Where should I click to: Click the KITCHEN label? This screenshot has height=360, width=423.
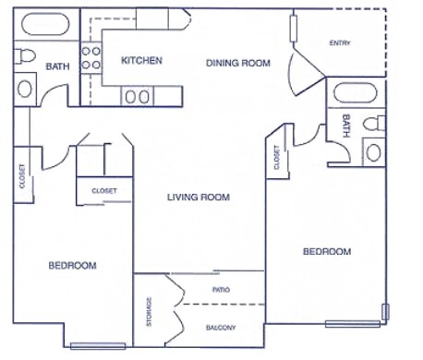coord(142,61)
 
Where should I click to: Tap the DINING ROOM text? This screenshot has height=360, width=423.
coord(237,63)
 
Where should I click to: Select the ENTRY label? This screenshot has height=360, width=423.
coord(340,43)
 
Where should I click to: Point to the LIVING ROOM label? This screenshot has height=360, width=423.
coord(198,198)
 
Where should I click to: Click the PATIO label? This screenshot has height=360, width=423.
coord(221,290)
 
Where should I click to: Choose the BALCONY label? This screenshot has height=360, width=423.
coord(220,328)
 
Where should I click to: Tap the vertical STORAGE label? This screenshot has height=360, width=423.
coord(149,311)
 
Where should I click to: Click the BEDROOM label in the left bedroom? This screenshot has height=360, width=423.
coord(72,266)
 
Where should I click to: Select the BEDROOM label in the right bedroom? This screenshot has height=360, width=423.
coord(327,251)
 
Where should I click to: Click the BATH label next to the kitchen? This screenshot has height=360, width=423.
coord(58,66)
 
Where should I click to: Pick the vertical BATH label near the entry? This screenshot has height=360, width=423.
coord(345,126)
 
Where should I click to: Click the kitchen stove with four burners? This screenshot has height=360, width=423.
coord(91,59)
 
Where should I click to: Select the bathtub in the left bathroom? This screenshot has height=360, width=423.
coord(44,25)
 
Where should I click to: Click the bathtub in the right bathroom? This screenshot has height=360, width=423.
coord(355,94)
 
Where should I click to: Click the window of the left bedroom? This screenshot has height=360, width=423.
coord(98,346)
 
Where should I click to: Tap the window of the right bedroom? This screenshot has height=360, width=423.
coord(352,323)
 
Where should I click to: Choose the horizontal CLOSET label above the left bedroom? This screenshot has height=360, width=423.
coord(103,191)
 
